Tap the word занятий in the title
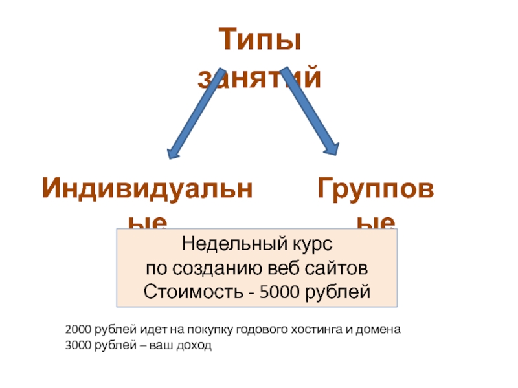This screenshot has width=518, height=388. click(x=259, y=79)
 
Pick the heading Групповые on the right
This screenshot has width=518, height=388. click(x=376, y=189)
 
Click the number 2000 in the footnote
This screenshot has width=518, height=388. click(x=78, y=329)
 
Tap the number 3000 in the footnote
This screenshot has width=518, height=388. click(x=78, y=345)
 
